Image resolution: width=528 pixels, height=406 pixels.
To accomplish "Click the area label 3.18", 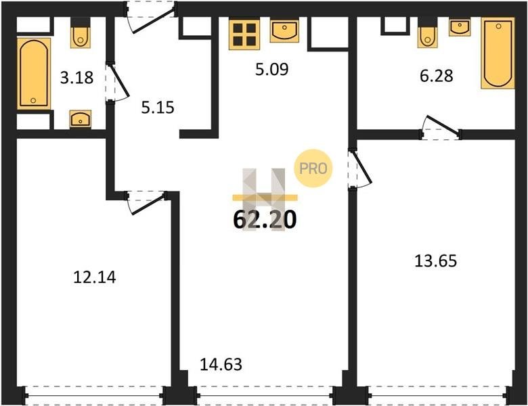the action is click(76, 77).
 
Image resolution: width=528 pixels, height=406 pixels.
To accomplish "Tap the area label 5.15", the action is click(158, 108).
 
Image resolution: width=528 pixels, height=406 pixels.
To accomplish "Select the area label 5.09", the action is click(271, 69).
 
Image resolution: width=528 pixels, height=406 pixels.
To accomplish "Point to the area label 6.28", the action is click(437, 75).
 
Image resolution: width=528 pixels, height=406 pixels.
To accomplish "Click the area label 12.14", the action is click(95, 277).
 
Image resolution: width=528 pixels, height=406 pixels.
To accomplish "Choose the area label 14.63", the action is click(221, 364).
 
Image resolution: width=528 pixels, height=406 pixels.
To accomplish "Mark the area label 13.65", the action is click(435, 261).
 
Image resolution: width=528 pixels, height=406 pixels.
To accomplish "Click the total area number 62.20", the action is click(265, 219).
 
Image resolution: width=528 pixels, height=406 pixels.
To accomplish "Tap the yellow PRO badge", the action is click(313, 168).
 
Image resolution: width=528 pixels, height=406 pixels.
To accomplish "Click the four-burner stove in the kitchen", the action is click(244, 34).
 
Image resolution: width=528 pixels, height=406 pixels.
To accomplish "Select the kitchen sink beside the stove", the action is click(284, 31).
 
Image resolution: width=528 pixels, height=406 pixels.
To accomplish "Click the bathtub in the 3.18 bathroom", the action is click(34, 74).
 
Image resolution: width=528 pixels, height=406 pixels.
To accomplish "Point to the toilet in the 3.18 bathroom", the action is click(80, 32).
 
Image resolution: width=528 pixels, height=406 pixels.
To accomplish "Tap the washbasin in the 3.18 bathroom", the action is click(80, 119).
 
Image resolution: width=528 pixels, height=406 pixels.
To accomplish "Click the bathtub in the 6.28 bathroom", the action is click(498, 53).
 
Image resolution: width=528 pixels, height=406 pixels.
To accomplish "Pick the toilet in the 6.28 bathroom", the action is click(428, 32).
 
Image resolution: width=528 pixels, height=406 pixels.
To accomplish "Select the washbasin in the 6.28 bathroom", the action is click(460, 27).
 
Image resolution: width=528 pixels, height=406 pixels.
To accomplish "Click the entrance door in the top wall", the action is click(150, 17).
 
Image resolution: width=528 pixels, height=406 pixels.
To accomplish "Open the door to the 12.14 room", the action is click(146, 202).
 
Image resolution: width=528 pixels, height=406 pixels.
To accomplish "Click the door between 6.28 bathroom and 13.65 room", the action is click(441, 128).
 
